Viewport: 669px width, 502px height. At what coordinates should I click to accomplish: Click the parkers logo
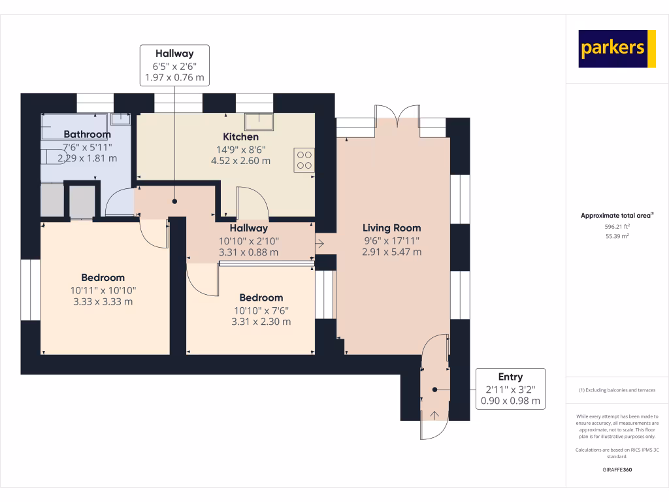(x=617, y=48)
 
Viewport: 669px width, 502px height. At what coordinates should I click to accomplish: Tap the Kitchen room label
(x=240, y=137)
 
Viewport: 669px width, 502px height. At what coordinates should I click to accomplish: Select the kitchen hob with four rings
(x=304, y=159)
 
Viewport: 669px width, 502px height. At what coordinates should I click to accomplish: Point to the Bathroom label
(x=87, y=134)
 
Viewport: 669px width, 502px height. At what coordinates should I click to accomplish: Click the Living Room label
(x=391, y=228)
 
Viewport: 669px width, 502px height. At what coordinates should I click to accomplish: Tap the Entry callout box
(x=510, y=389)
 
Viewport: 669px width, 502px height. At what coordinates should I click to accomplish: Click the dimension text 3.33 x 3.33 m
(x=103, y=301)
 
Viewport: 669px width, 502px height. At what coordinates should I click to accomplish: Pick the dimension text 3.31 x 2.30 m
(x=261, y=322)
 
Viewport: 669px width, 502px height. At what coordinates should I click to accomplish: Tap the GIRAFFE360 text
(x=617, y=469)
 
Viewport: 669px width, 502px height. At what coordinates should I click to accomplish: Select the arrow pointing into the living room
(x=319, y=244)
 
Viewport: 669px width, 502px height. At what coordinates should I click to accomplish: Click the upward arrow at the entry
(x=435, y=414)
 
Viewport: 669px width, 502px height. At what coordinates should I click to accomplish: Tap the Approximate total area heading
(x=617, y=215)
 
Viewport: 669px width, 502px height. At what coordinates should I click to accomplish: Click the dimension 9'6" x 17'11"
(x=391, y=240)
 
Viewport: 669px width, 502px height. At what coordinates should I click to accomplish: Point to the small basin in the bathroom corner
(x=121, y=119)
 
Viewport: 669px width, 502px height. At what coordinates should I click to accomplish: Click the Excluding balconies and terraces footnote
(x=617, y=390)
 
